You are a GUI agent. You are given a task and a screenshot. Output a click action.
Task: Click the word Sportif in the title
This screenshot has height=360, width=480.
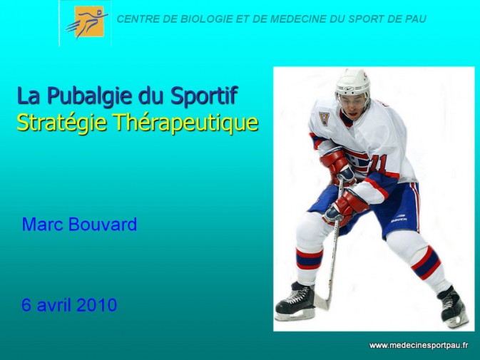coord(204,96)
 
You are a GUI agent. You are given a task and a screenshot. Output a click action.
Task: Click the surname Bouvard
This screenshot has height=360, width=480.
coord(103,224)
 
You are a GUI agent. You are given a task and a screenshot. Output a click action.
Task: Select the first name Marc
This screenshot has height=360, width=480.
coord(43,224)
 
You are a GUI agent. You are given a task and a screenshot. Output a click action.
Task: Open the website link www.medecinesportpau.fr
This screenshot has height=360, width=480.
coord(419,346)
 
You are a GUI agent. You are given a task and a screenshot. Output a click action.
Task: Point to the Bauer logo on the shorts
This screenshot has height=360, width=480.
coord(399,219)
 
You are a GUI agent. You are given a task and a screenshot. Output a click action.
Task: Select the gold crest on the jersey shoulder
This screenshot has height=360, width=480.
coord(323,118)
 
